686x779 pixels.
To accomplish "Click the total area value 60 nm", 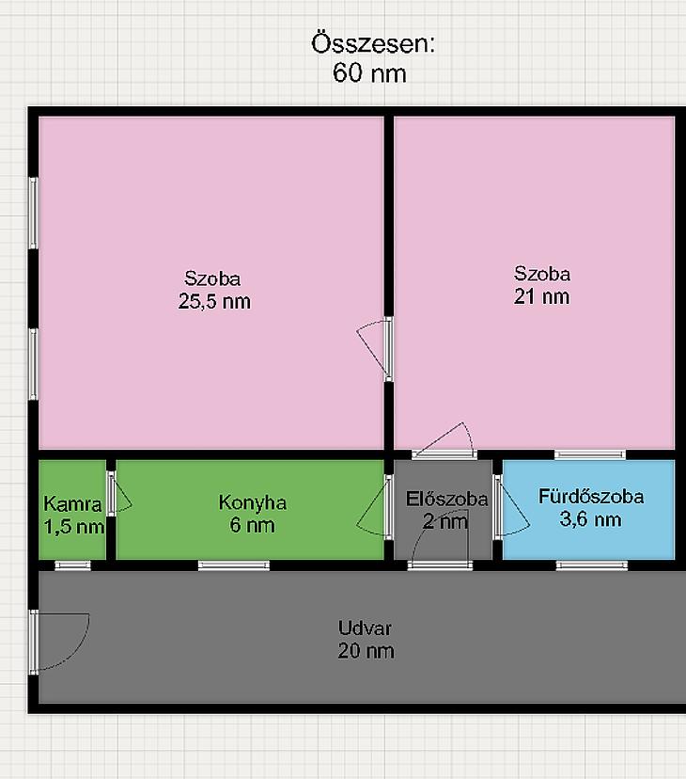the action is pyautogui.click(x=369, y=73).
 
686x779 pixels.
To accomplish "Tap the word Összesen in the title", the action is pyautogui.click(x=370, y=43).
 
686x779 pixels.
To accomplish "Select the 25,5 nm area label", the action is pyautogui.click(x=214, y=301).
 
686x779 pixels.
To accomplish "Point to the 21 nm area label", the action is pyautogui.click(x=541, y=296).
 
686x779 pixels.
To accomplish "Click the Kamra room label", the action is pyautogui.click(x=72, y=503).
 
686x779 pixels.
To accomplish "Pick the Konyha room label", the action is pyautogui.click(x=253, y=502).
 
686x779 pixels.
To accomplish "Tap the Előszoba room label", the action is pyautogui.click(x=446, y=499).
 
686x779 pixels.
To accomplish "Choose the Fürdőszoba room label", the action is pyautogui.click(x=591, y=497).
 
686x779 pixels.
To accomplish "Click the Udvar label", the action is pyautogui.click(x=365, y=628).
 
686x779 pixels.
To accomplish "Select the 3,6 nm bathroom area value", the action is pyautogui.click(x=591, y=519).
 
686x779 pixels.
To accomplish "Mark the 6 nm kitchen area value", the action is pyautogui.click(x=252, y=525).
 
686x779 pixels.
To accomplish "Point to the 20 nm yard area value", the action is pyautogui.click(x=366, y=651).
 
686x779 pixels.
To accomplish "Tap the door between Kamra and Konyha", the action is pyautogui.click(x=119, y=494).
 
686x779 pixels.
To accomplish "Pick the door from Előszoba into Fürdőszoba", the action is pyautogui.click(x=512, y=507).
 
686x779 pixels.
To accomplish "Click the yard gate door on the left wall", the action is pyautogui.click(x=59, y=642).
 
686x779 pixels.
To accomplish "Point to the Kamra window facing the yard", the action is pyautogui.click(x=73, y=565).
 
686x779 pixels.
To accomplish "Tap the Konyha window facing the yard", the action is pyautogui.click(x=234, y=565).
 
